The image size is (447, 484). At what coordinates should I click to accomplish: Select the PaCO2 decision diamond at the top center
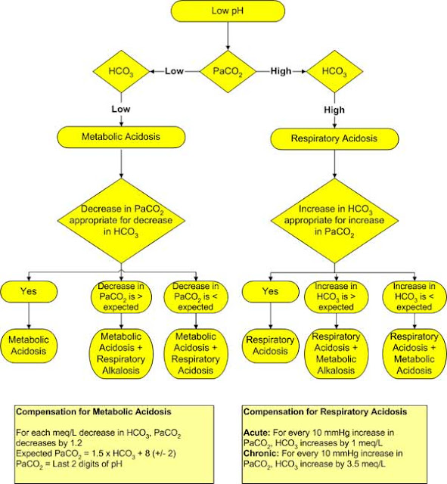(227, 72)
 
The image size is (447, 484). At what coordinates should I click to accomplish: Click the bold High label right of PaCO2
(280, 72)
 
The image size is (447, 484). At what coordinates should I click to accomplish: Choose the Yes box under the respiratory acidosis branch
(269, 290)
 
